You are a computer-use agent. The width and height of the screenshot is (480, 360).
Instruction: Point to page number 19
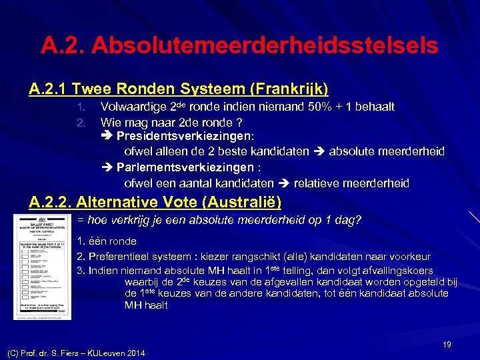pos(447,344)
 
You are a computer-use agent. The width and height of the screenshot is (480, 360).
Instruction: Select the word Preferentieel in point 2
pos(119,256)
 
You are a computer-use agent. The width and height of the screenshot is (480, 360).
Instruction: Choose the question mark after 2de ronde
pos(239,123)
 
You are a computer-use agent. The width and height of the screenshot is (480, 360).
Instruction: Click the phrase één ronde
pos(111,241)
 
